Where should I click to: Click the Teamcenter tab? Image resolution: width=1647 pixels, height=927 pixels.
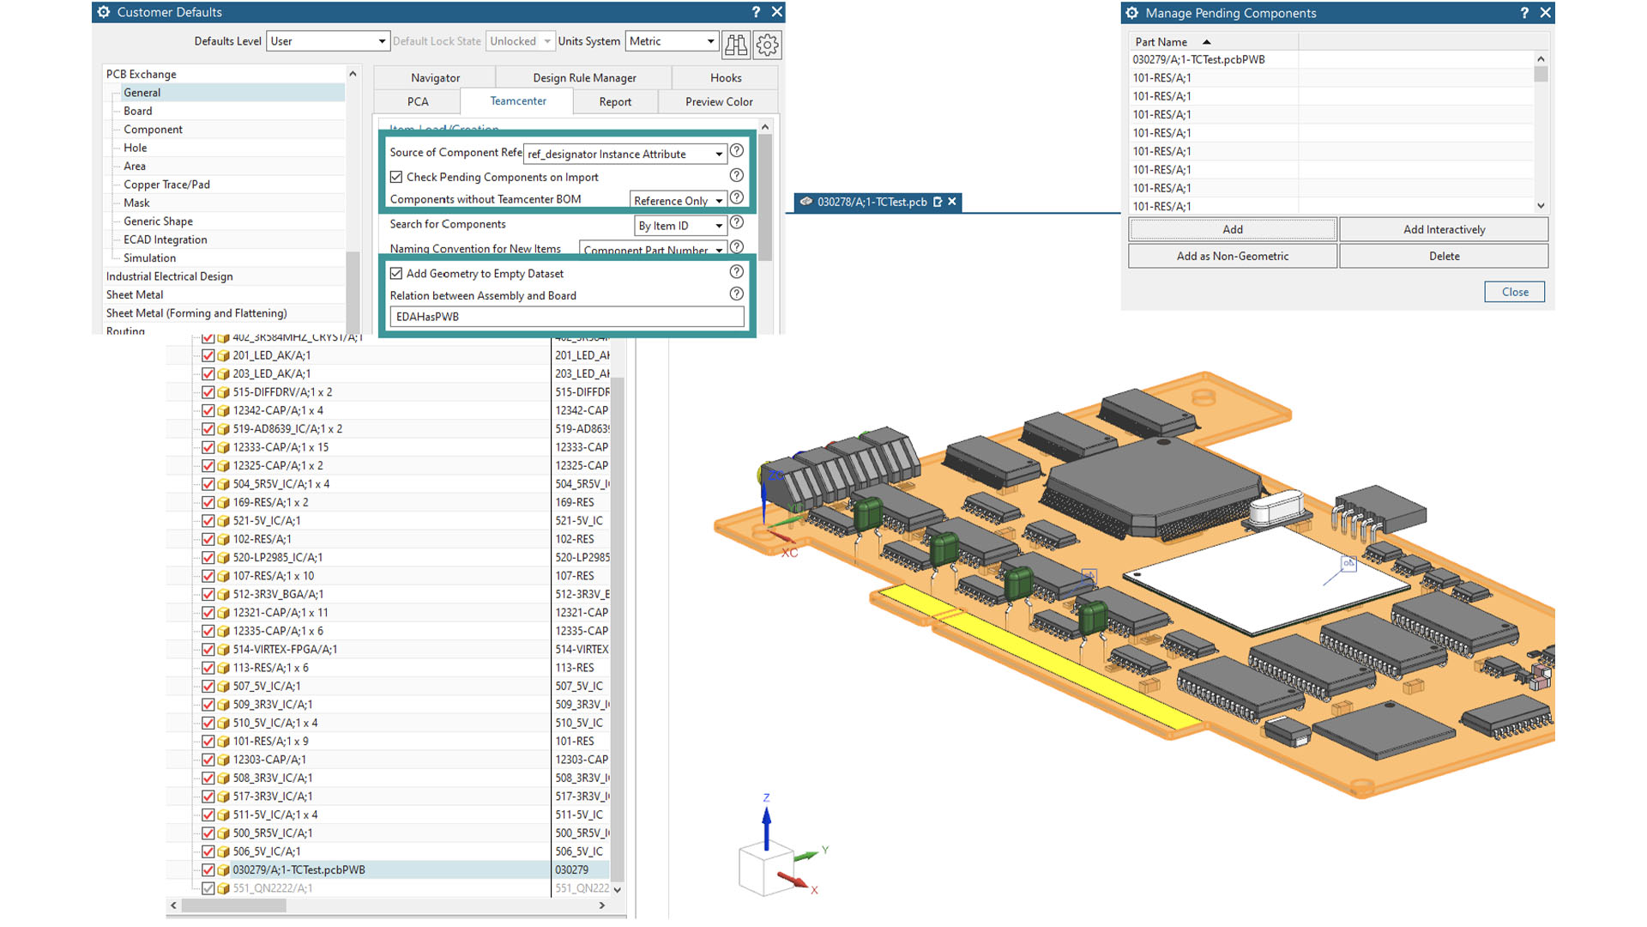517,101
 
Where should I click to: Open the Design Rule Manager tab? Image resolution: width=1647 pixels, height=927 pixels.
584,78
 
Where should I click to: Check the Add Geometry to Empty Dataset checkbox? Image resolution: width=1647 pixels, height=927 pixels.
396,274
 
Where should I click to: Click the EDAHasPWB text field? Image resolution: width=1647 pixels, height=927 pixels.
566,317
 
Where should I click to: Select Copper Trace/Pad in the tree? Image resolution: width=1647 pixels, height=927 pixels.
166,185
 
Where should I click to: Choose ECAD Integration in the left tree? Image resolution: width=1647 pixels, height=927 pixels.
165,239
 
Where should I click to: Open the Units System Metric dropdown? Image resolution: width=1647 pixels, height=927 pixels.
672,41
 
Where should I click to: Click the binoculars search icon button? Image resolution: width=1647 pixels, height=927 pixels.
736,44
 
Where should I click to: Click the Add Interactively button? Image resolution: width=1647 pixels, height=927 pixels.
1444,229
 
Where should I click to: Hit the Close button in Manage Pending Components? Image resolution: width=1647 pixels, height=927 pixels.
1514,292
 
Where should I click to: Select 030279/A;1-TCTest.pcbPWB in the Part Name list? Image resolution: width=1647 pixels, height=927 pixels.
1198,59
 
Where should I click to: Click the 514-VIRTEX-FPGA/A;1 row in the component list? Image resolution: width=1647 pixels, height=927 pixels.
285,650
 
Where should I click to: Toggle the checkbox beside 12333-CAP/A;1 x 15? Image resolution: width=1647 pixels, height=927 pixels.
208,447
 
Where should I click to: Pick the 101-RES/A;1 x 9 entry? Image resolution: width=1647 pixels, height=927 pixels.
270,742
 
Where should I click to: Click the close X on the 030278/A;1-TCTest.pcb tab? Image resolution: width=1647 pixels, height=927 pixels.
951,202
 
